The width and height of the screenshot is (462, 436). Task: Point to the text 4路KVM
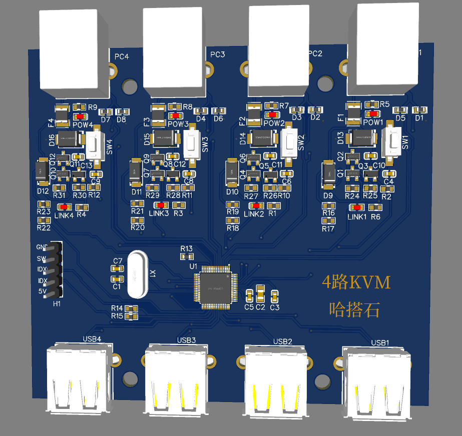pyautogui.click(x=356, y=282)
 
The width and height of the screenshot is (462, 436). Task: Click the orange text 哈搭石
pyautogui.click(x=354, y=309)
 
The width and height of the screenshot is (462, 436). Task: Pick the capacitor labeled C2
pyautogui.click(x=260, y=293)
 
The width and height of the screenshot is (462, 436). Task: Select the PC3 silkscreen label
pyautogui.click(x=218, y=54)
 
